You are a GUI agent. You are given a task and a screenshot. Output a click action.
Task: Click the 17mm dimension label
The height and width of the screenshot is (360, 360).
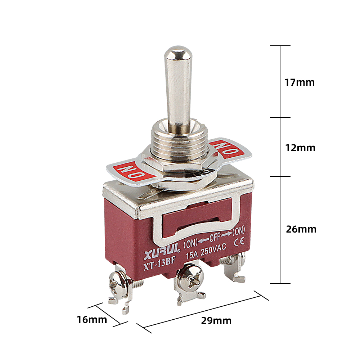pyautogui.click(x=300, y=82)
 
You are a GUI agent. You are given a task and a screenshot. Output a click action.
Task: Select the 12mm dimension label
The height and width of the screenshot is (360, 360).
pyautogui.click(x=300, y=148)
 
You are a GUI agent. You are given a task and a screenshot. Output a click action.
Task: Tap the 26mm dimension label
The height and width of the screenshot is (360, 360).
pyautogui.click(x=301, y=229)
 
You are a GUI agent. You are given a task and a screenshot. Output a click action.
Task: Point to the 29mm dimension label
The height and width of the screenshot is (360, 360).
pyautogui.click(x=216, y=321)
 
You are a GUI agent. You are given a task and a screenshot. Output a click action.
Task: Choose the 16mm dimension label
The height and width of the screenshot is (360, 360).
pyautogui.click(x=92, y=320)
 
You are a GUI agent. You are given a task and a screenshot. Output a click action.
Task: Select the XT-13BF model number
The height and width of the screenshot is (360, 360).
pyautogui.click(x=159, y=264)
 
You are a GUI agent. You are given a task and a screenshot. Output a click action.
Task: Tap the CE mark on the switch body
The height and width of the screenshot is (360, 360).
pyautogui.click(x=239, y=241)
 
